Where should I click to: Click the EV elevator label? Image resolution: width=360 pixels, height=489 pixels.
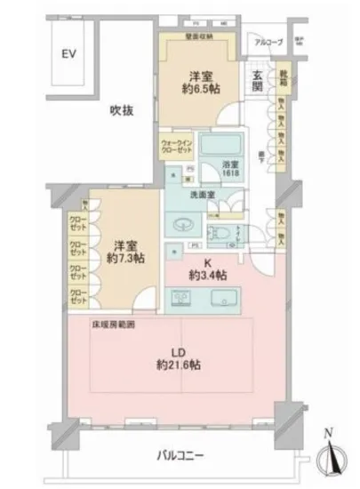67,52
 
